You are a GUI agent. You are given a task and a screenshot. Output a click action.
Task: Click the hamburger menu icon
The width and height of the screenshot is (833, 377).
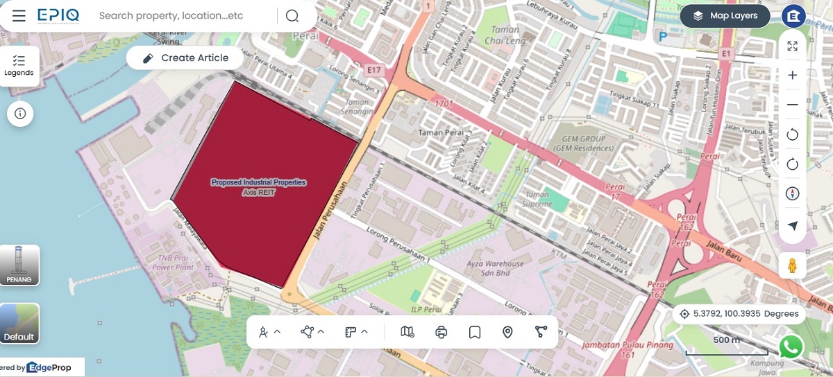(x=19, y=16)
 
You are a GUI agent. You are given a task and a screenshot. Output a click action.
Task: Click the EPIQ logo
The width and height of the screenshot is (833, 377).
(x=58, y=15)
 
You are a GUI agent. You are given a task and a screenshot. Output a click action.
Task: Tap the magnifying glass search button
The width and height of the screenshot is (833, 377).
(x=292, y=16)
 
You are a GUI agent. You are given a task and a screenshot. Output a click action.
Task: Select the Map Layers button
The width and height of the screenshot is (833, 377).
(x=725, y=16)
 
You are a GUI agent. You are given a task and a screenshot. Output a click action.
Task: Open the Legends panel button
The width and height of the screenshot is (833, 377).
(x=19, y=66)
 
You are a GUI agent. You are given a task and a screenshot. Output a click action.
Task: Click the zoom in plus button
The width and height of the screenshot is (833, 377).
(x=792, y=76)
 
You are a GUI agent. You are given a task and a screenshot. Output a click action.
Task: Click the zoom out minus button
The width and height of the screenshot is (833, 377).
(x=792, y=105)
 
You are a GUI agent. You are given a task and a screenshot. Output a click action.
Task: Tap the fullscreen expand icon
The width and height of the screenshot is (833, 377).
(x=792, y=46)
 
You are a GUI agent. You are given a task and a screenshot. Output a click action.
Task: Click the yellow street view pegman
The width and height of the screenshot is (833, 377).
(x=791, y=265)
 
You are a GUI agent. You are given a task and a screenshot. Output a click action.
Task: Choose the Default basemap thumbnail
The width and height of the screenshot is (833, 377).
(x=19, y=324)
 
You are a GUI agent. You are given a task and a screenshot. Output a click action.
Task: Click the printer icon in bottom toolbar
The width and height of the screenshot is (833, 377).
(x=441, y=333)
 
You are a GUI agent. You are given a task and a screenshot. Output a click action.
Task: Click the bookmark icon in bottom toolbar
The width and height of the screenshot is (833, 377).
(x=475, y=333)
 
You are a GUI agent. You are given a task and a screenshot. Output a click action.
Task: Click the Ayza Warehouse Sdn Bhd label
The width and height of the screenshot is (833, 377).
(x=496, y=268)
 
